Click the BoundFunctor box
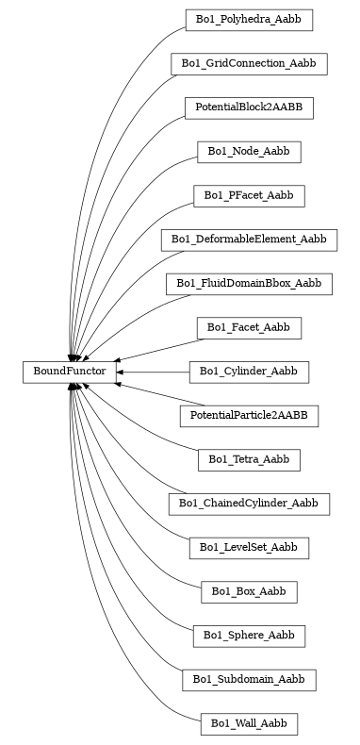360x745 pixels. click(x=70, y=372)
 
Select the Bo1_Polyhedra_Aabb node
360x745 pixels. click(x=249, y=19)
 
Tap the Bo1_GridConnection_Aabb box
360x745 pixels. click(x=249, y=63)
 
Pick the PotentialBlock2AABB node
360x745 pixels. click(x=249, y=108)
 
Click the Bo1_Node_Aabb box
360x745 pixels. click(x=249, y=151)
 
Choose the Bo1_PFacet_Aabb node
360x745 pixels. click(x=249, y=195)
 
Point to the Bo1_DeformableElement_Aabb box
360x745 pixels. click(x=249, y=240)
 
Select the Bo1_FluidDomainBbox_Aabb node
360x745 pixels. click(x=249, y=283)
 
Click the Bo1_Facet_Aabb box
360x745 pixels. click(x=249, y=327)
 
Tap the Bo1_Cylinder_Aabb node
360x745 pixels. click(x=249, y=372)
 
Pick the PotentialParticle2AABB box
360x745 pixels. click(x=249, y=415)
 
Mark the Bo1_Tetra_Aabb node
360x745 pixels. click(x=249, y=459)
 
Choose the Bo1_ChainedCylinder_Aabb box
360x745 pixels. click(x=249, y=504)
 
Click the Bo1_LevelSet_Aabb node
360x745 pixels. click(x=249, y=547)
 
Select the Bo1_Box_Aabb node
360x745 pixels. click(x=249, y=591)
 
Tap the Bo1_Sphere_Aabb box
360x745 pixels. click(x=249, y=636)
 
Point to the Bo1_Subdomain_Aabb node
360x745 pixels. click(x=249, y=679)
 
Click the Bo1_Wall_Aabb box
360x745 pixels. click(x=249, y=723)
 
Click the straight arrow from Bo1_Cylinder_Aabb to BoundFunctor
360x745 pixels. click(x=155, y=372)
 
